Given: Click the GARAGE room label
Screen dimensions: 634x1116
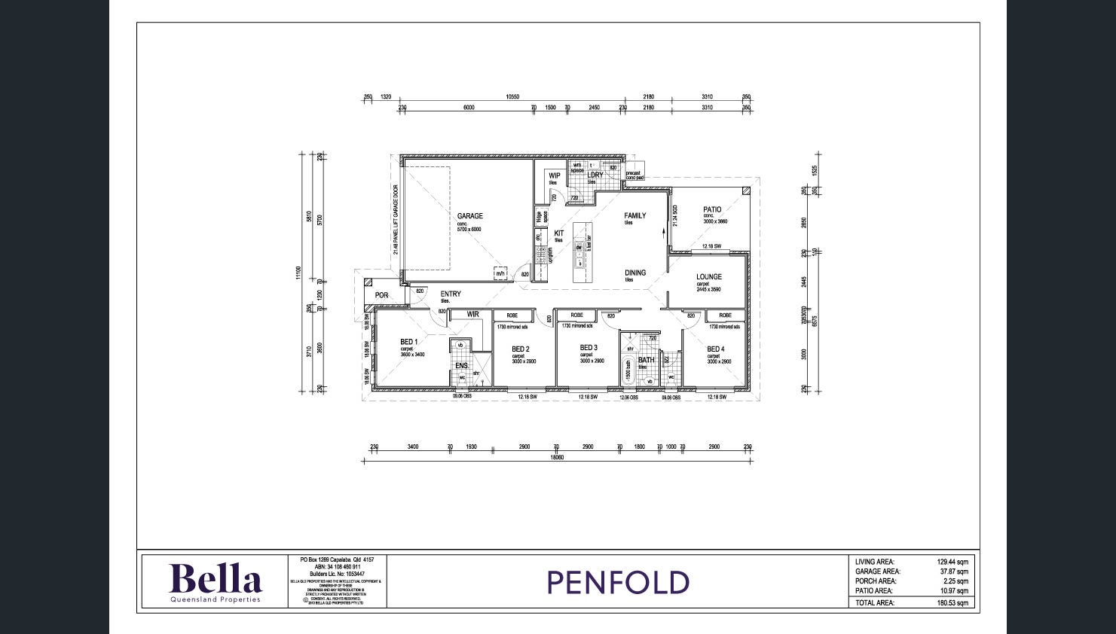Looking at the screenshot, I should tap(469, 216).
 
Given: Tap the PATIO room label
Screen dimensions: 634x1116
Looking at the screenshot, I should tap(712, 210).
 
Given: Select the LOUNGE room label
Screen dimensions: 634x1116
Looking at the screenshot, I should tap(708, 277).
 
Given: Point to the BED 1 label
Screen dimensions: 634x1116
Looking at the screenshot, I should tap(408, 342).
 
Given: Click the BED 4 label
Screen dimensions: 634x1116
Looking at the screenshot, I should tap(715, 349).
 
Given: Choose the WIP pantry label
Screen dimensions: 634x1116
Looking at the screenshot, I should tap(554, 176).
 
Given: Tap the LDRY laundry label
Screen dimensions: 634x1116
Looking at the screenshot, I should tap(595, 175).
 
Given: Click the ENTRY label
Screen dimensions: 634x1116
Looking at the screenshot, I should tap(451, 294).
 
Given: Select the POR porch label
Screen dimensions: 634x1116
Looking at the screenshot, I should tap(381, 295).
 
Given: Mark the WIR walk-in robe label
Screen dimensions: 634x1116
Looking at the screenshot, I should tap(472, 315).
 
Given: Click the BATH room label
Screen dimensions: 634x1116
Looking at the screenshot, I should tap(646, 360).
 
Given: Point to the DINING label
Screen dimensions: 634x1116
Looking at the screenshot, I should tap(634, 273).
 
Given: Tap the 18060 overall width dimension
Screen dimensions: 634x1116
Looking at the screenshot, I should tap(556, 457).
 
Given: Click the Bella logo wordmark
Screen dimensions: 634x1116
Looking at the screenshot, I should tap(215, 579).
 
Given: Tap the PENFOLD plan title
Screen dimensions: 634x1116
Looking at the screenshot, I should tap(617, 583).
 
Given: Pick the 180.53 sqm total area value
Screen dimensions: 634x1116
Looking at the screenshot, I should tap(953, 603).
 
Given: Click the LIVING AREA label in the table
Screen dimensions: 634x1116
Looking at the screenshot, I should tap(874, 562).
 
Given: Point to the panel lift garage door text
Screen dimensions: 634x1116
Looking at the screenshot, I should tap(395, 220).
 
